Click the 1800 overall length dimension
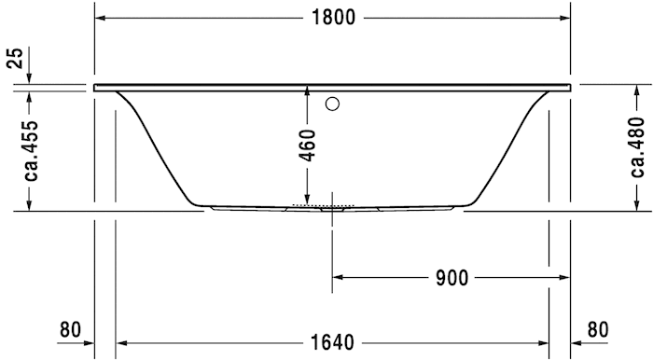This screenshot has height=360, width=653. coord(333,19)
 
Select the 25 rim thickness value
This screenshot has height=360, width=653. coord(14,58)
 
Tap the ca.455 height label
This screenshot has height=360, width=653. coord(31,149)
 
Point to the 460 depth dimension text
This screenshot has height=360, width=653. coord(308,145)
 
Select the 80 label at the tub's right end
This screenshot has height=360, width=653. coord(598,329)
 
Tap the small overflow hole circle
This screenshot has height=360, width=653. coord(333,104)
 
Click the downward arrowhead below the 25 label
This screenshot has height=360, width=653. coord(31,78)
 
